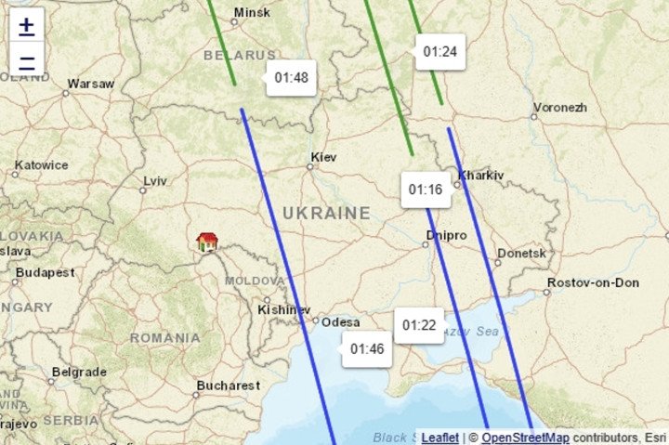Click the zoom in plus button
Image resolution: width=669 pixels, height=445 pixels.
click(x=27, y=26)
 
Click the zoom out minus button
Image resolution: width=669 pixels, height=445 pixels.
click(x=27, y=63)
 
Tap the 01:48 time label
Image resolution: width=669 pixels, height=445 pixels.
click(x=291, y=78)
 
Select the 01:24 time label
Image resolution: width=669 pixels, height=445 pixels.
click(x=439, y=52)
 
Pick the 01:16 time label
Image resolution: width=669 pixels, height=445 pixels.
click(x=426, y=190)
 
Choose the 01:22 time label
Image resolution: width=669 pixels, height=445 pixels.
click(x=418, y=325)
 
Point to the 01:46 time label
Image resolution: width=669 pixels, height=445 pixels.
click(x=367, y=349)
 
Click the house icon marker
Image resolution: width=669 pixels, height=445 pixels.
click(x=206, y=242)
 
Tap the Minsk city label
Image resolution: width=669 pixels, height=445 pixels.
click(x=252, y=13)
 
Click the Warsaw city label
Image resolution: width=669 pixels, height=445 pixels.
click(x=91, y=84)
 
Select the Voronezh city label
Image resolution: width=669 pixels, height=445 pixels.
click(x=560, y=108)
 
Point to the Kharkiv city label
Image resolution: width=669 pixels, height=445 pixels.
click(x=480, y=175)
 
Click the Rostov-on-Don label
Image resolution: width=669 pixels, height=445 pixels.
click(x=593, y=282)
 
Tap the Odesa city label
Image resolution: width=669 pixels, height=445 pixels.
click(x=341, y=322)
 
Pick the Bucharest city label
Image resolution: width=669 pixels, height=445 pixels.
click(x=229, y=385)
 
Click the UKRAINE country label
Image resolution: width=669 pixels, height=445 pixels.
click(x=326, y=214)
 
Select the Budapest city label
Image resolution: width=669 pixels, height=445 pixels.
click(x=45, y=273)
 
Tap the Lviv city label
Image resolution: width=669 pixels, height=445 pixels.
click(x=155, y=180)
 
